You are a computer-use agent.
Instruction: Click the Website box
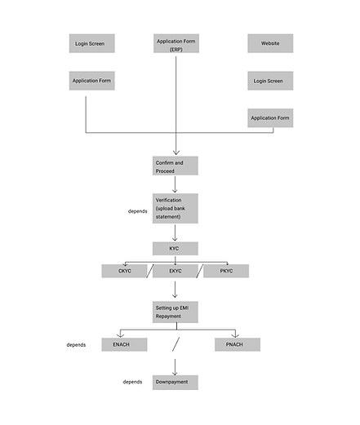tap(270, 43)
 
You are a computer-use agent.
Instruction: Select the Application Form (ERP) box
tap(176, 43)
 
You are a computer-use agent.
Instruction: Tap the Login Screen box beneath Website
tap(270, 81)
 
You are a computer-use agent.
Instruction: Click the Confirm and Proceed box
tap(176, 166)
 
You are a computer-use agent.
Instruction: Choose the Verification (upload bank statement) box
tap(176, 209)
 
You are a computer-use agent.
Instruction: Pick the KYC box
tap(176, 249)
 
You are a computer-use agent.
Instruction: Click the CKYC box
tap(124, 271)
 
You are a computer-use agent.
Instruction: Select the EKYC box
tap(176, 271)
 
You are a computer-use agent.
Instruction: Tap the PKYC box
tap(226, 271)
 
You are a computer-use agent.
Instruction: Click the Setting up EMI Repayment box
tap(176, 312)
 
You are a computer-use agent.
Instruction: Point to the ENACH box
tap(124, 344)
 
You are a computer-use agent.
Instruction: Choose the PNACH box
tap(238, 344)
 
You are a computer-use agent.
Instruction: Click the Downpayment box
tap(176, 383)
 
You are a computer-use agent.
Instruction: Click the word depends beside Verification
tap(137, 211)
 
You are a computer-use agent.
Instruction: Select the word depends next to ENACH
tap(76, 345)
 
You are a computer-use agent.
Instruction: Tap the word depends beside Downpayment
tap(132, 382)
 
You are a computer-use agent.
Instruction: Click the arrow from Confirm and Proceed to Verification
tap(175, 184)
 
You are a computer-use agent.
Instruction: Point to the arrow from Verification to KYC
tap(175, 232)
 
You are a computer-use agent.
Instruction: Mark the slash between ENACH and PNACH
tap(176, 344)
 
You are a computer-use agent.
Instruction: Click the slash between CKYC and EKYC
tap(150, 271)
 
